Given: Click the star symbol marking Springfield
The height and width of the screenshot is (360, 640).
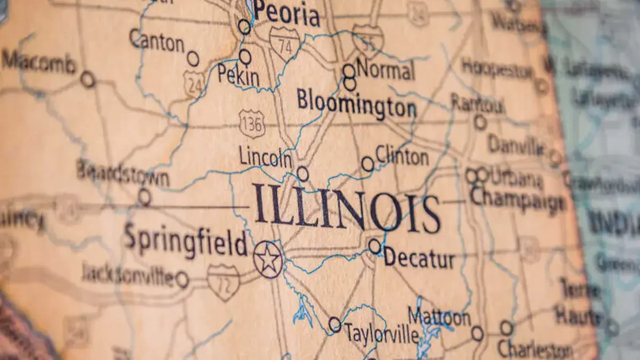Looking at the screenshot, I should click(x=268, y=259).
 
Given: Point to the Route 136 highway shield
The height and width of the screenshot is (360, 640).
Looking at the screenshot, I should click(x=252, y=124).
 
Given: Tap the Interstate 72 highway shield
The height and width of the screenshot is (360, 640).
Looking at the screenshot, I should click(x=223, y=281).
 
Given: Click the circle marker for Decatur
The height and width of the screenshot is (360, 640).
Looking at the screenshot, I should click(x=375, y=246).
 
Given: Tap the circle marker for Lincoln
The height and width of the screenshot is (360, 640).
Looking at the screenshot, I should click(x=302, y=173).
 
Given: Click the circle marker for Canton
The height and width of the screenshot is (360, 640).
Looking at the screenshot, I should click(x=193, y=59).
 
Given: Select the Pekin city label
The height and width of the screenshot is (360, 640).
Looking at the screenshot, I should click(x=238, y=76).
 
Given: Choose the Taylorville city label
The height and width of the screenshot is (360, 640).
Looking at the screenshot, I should click(x=381, y=333).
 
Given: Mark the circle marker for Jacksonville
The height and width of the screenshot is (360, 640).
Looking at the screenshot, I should click(x=182, y=279).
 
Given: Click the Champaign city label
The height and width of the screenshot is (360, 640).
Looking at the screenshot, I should click(x=517, y=199).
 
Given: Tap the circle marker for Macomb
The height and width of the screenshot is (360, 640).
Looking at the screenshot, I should click(x=87, y=79).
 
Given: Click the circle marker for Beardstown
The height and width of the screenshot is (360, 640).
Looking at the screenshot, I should click(x=144, y=196).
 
